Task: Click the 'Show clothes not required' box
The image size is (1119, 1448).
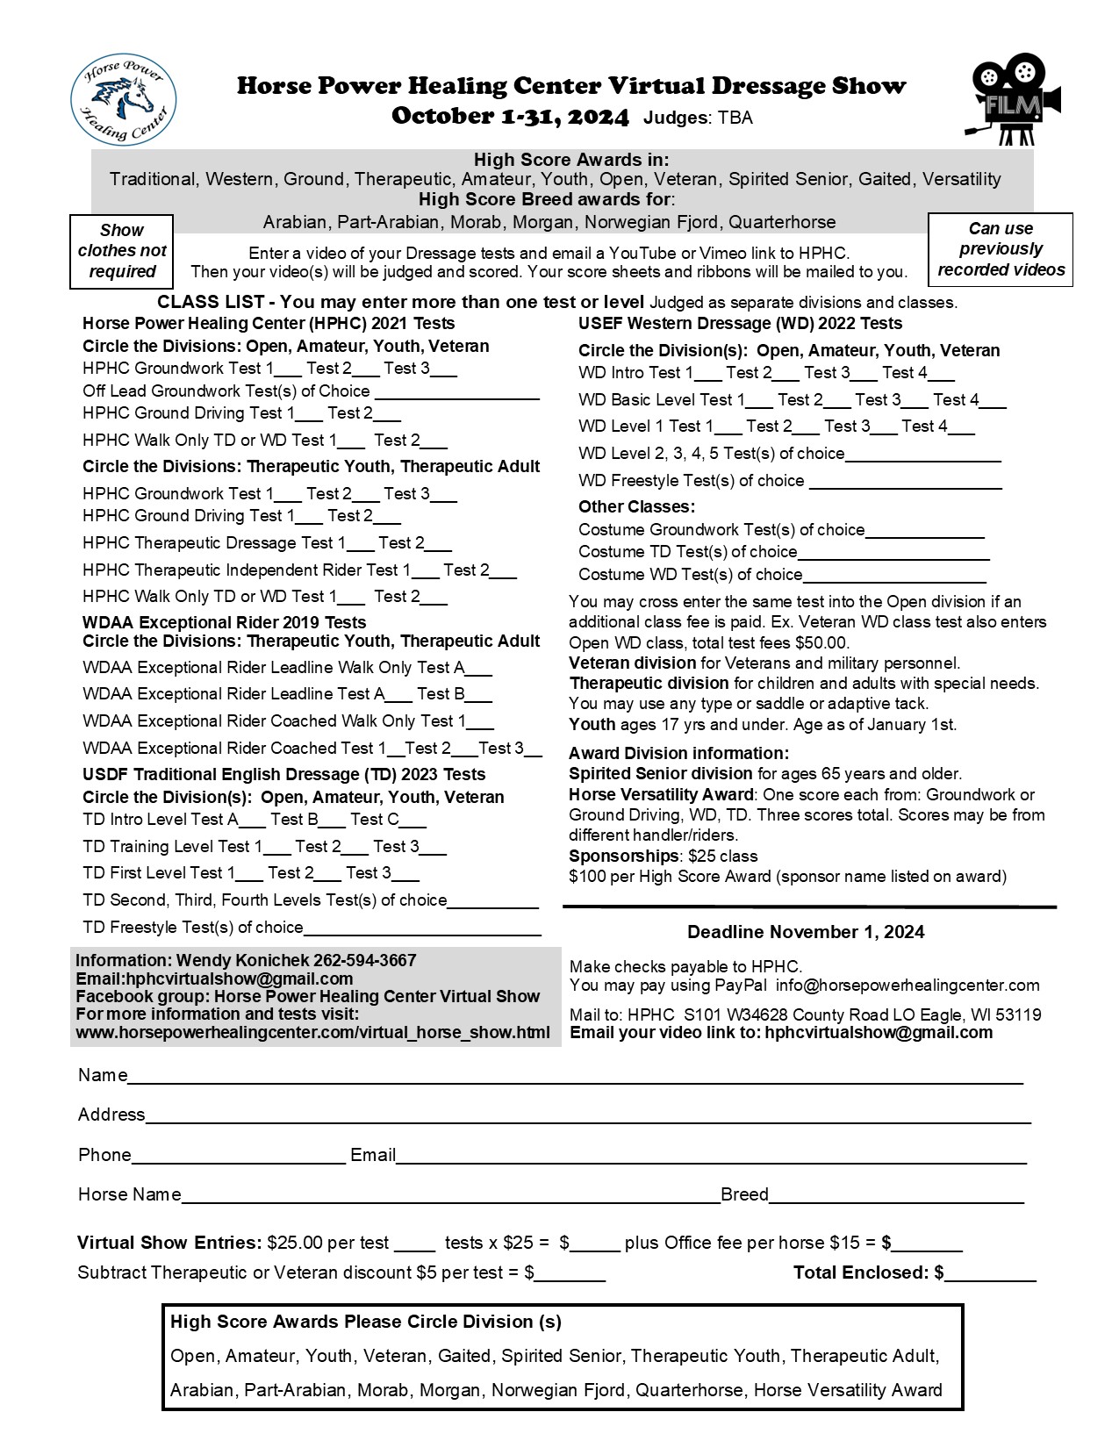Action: pyautogui.click(x=122, y=251)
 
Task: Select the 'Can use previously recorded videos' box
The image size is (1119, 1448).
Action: pyautogui.click(x=1001, y=249)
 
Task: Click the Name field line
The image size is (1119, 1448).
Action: pyautogui.click(x=575, y=1080)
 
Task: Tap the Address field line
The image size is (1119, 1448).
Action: pyautogui.click(x=588, y=1120)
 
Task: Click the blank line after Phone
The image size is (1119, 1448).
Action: pyautogui.click(x=238, y=1160)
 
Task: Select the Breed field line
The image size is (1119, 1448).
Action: pyautogui.click(x=896, y=1200)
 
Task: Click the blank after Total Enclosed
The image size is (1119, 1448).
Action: pyautogui.click(x=990, y=1278)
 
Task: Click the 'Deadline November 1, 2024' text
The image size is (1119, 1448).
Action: pyautogui.click(x=806, y=932)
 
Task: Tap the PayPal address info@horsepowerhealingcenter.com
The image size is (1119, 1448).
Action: pyautogui.click(x=907, y=986)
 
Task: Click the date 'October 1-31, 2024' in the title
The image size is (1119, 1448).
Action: pyautogui.click(x=510, y=117)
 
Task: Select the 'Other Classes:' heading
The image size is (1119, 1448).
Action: pyautogui.click(x=636, y=506)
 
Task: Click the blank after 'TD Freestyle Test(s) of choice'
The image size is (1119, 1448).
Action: pyautogui.click(x=422, y=933)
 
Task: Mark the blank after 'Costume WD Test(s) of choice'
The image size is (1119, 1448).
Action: pyautogui.click(x=894, y=579)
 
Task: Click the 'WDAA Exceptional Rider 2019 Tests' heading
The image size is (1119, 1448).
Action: pyautogui.click(x=224, y=622)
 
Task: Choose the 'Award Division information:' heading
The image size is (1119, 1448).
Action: pyautogui.click(x=678, y=753)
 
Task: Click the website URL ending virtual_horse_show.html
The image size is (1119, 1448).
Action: pyautogui.click(x=312, y=1032)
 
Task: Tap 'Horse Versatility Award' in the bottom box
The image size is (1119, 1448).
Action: pyautogui.click(x=848, y=1390)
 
